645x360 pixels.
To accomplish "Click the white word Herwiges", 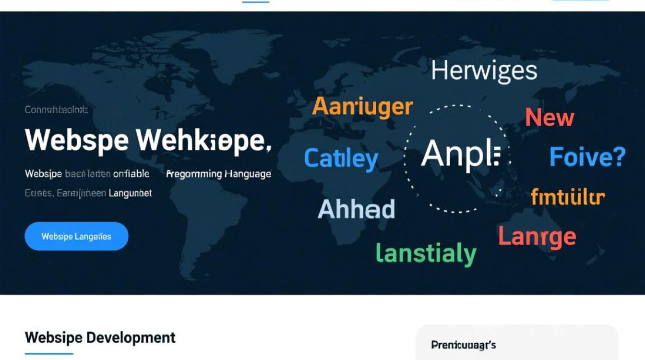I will tap(484, 71).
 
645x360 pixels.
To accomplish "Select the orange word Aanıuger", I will tap(362, 107).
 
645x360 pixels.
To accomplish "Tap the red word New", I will tap(549, 118).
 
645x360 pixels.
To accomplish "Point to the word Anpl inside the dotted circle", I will tap(460, 155).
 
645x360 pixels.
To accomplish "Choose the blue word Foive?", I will tap(587, 157).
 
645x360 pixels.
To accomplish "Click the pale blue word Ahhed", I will tap(356, 209).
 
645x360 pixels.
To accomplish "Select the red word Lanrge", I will tap(537, 237).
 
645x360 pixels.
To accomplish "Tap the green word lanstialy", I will tap(426, 253).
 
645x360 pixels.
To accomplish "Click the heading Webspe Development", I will tap(100, 337).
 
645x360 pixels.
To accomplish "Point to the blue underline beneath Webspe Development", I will tap(49, 354).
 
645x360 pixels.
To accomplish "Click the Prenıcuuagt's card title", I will tap(463, 345).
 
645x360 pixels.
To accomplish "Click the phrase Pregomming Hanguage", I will tap(218, 174).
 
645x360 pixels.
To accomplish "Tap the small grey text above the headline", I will tap(56, 110).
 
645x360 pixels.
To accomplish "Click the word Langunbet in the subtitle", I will tap(130, 193).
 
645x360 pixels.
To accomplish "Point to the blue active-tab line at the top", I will tap(256, 2).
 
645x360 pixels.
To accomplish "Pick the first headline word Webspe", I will tap(77, 140).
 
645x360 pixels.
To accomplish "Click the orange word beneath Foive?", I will tap(568, 197).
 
